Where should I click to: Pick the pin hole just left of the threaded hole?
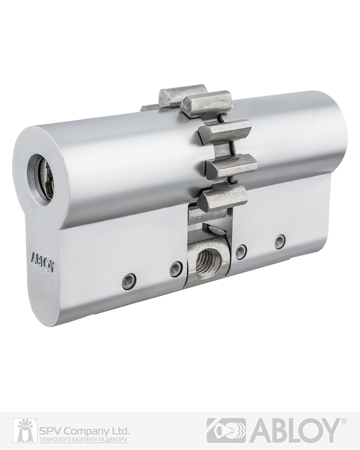(x=175, y=267)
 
